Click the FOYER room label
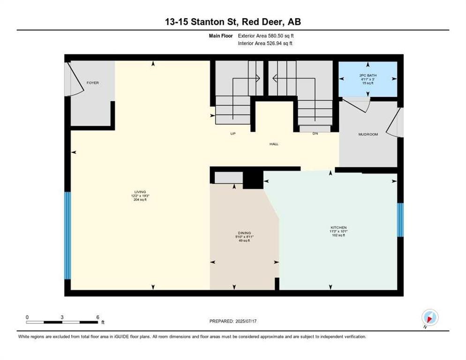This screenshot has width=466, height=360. click(93, 83)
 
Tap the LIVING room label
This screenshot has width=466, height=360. click(140, 192)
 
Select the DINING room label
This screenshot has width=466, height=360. click(244, 233)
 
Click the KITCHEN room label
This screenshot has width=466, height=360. click(338, 227)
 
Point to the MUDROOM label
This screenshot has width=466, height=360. click(368, 135)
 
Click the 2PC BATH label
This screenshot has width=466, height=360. click(368, 75)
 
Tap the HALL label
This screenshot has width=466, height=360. click(274, 144)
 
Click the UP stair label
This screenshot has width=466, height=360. click(233, 134)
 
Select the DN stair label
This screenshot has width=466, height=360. click(316, 134)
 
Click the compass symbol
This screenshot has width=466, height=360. click(429, 317)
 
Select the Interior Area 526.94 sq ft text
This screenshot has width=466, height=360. click(266, 44)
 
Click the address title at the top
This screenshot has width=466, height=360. click(233, 22)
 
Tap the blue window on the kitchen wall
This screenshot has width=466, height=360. click(400, 219)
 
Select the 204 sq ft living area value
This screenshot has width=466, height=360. click(140, 199)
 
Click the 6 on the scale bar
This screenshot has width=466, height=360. click(98, 317)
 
